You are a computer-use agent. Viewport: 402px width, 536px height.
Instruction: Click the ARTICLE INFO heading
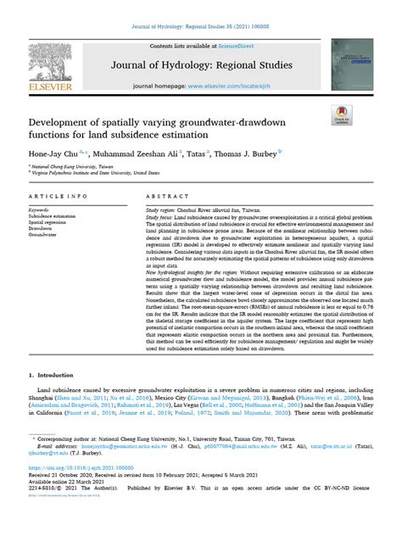point(53,196)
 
